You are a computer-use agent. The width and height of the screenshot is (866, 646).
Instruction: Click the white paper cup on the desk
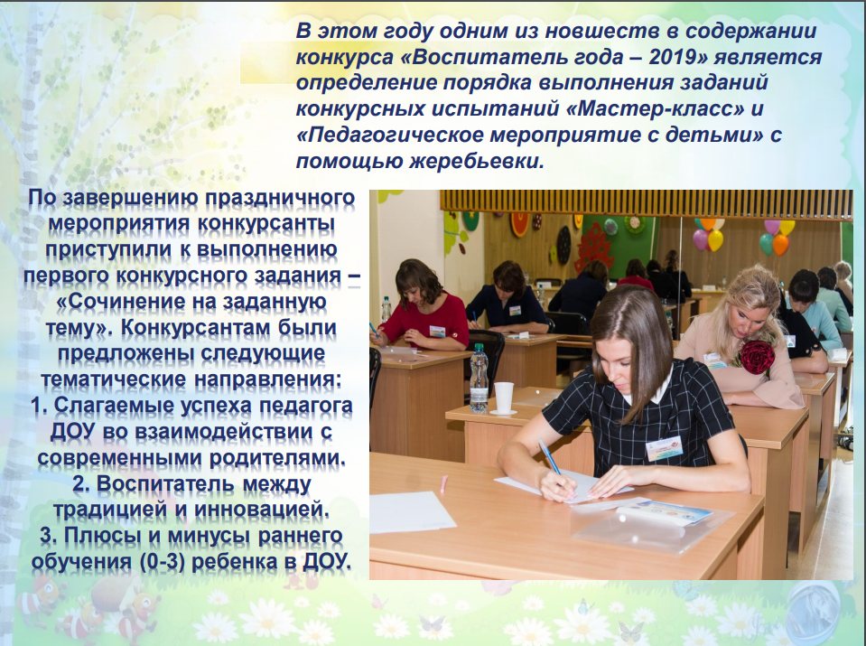(504, 397)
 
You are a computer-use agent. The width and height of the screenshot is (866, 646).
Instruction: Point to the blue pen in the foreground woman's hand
(550, 457)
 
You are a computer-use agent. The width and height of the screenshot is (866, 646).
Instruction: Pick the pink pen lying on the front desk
(442, 482)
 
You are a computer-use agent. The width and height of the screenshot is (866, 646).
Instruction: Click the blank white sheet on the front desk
(411, 511)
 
